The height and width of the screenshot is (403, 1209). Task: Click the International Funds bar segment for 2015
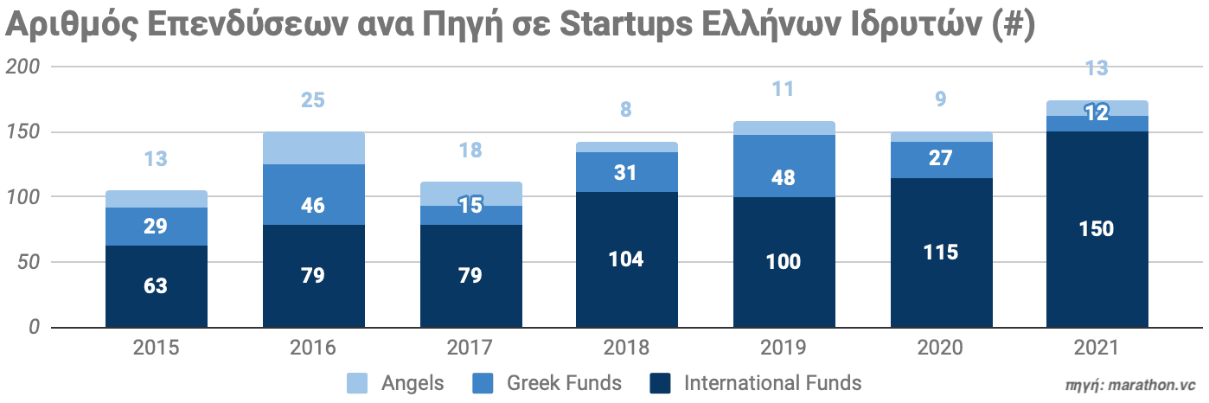click(157, 286)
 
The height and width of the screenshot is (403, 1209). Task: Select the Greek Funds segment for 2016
click(313, 195)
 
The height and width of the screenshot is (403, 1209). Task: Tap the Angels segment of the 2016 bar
click(313, 148)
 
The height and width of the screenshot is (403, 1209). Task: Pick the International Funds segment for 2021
click(1097, 229)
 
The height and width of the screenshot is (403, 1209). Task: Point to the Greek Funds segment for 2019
click(783, 166)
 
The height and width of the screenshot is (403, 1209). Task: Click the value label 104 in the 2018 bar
click(626, 259)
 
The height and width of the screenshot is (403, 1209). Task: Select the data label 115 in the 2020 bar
click(940, 253)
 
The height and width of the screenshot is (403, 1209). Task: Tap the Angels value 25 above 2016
click(313, 100)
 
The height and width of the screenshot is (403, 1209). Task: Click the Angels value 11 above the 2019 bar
click(783, 89)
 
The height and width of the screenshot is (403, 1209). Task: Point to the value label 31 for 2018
click(626, 172)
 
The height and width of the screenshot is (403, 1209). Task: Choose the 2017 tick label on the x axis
click(470, 349)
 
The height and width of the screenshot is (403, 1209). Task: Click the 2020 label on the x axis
click(940, 349)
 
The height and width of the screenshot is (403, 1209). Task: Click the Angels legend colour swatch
click(356, 382)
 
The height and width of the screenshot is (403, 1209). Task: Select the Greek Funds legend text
click(563, 382)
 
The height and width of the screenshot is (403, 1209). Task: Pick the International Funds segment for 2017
click(470, 276)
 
